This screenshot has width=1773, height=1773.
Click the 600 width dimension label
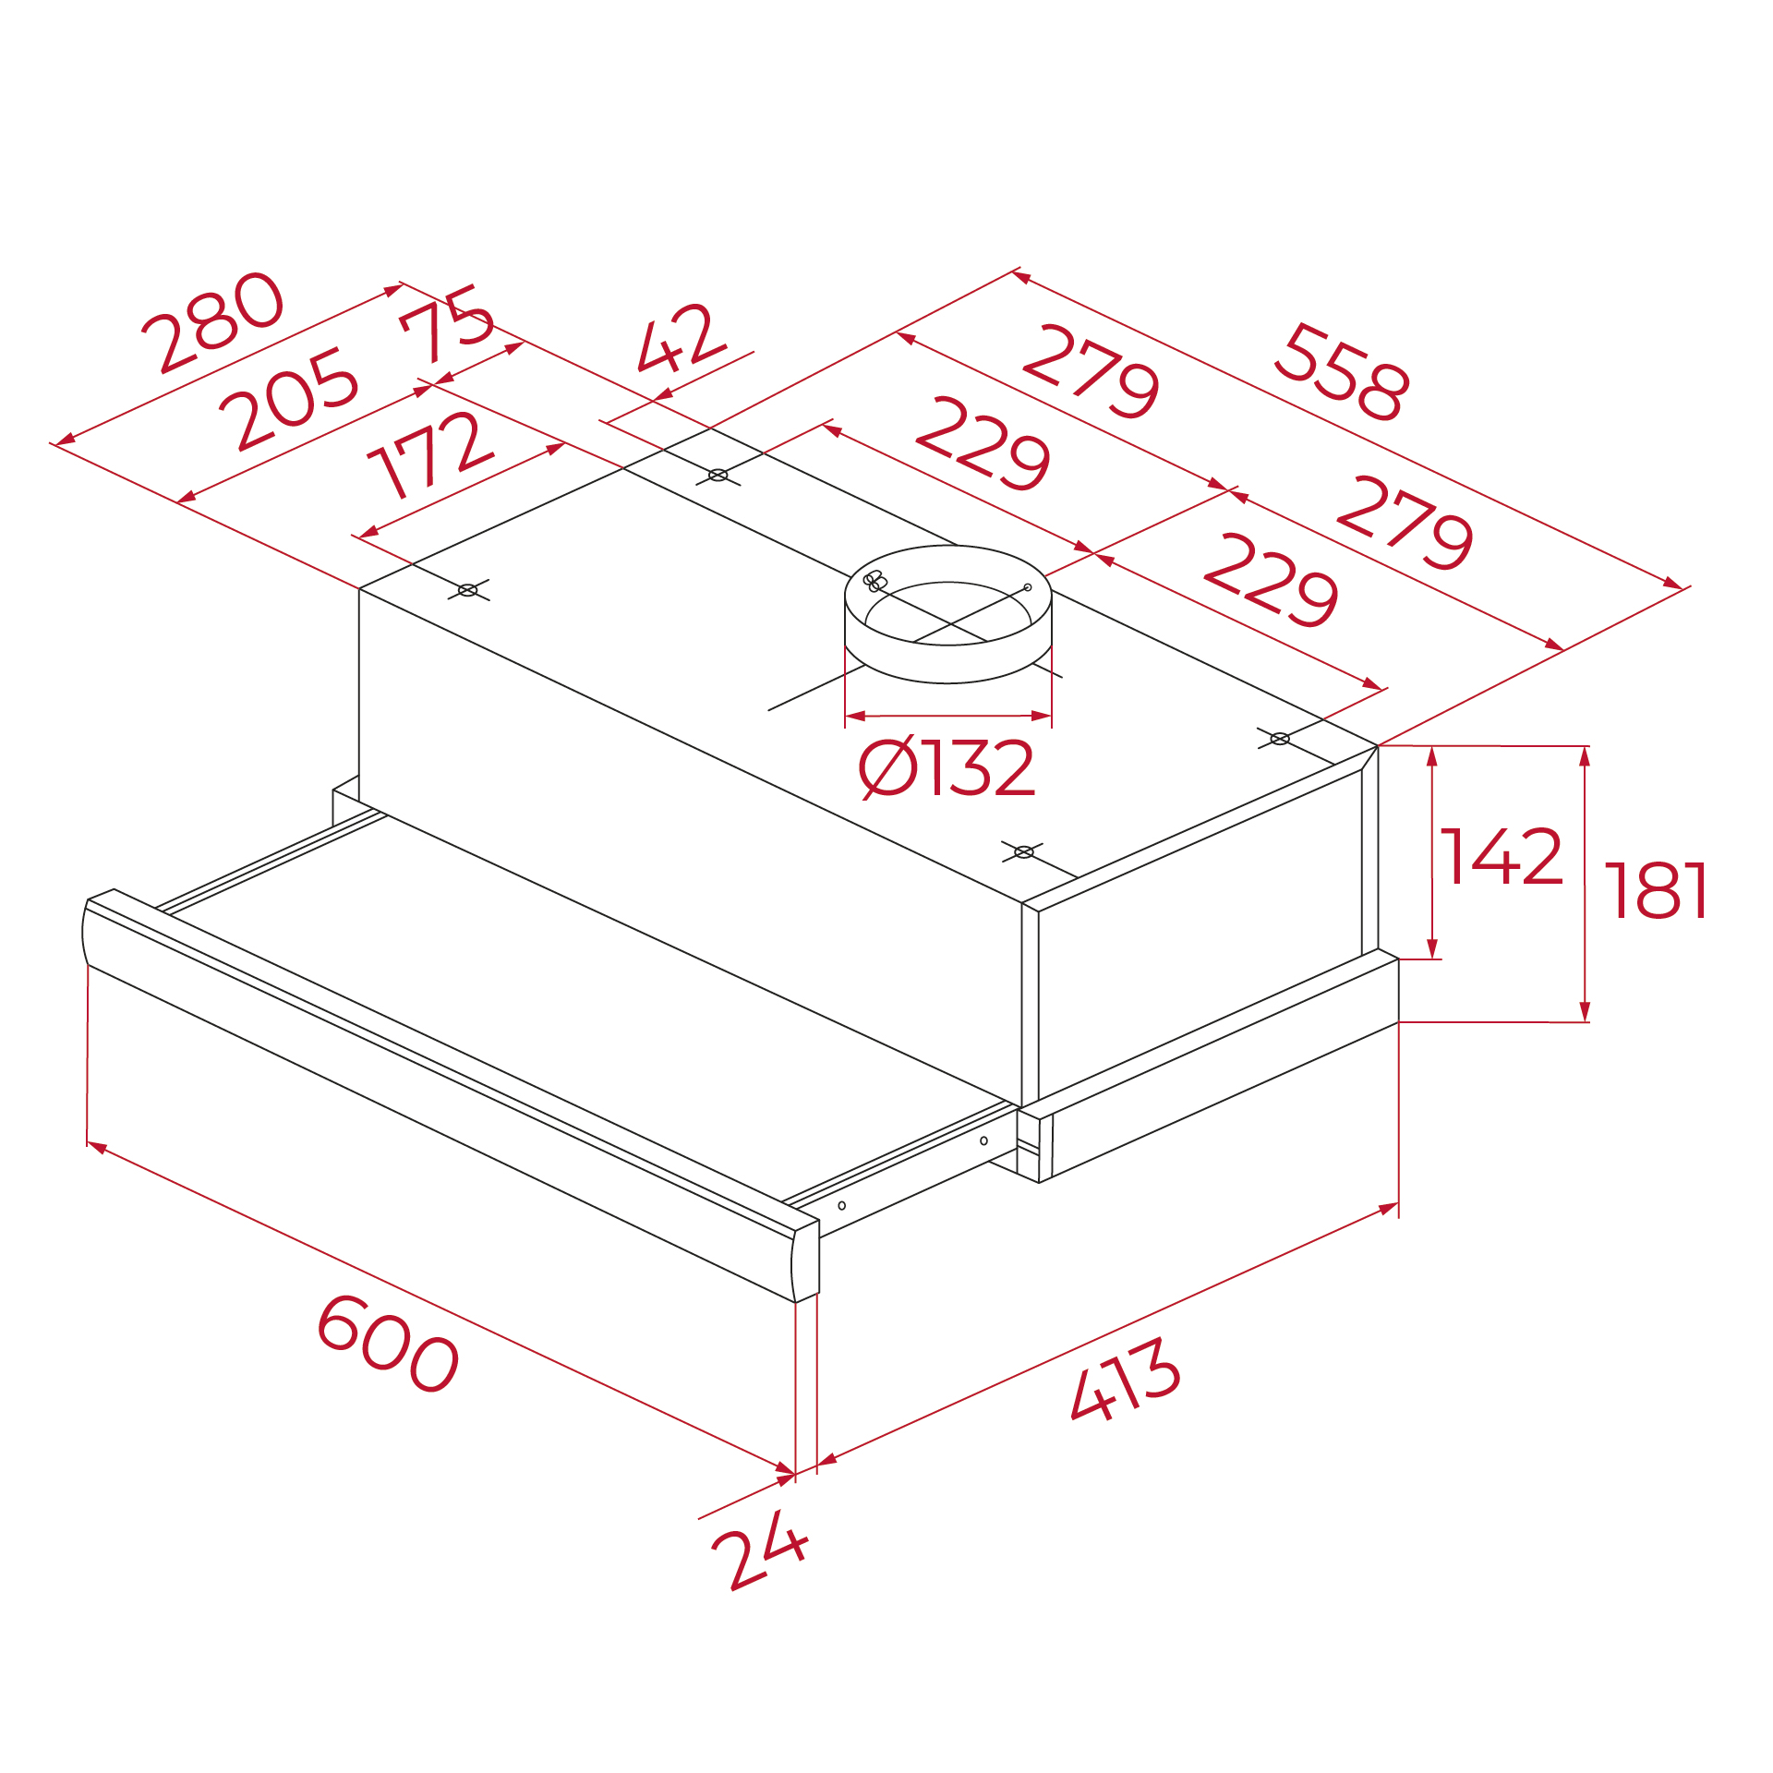point(388,1344)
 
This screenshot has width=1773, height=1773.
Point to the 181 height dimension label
point(1657,891)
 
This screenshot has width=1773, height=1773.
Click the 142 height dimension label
point(1502,857)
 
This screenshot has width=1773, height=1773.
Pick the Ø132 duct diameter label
point(947,767)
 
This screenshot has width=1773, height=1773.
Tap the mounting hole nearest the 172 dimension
point(468,590)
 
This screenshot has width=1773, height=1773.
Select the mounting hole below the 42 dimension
point(718,476)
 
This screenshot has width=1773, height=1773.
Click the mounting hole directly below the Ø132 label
point(1023,851)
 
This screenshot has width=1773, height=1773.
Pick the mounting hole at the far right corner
point(1280,739)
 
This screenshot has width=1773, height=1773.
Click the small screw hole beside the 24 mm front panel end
point(841,1205)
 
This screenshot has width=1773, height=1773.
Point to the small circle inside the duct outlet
point(1028,587)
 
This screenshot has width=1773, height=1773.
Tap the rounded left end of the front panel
point(86,933)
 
